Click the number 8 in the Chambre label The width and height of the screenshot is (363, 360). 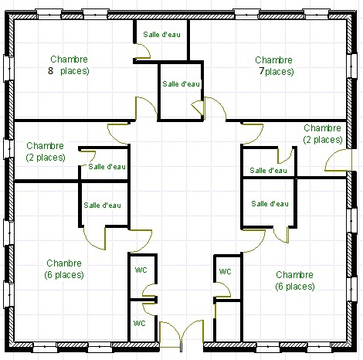click(x=50, y=70)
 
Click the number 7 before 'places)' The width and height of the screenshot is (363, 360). click(x=262, y=71)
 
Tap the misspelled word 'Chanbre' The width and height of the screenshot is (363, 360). click(x=64, y=263)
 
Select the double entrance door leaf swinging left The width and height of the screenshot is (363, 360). click(x=170, y=335)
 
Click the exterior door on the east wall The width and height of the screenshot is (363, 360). click(x=338, y=160)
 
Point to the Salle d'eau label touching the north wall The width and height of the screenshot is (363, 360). click(x=161, y=35)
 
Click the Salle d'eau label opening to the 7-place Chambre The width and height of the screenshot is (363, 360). click(x=181, y=84)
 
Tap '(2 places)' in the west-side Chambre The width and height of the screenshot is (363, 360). click(x=46, y=158)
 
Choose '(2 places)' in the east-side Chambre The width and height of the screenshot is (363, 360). click(x=323, y=140)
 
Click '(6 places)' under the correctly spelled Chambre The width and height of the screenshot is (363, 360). click(x=295, y=287)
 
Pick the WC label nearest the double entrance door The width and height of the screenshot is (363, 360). click(x=139, y=323)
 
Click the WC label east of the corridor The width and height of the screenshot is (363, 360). click(x=225, y=271)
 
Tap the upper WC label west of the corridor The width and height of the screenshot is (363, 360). click(x=141, y=270)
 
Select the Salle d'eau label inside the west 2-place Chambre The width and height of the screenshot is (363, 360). click(x=107, y=167)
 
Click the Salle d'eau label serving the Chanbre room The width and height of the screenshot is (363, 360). click(x=102, y=205)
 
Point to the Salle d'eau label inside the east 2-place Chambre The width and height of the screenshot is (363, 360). click(x=268, y=171)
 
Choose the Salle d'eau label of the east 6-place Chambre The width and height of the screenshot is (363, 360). click(x=270, y=204)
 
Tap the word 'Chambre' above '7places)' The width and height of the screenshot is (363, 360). click(x=273, y=60)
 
